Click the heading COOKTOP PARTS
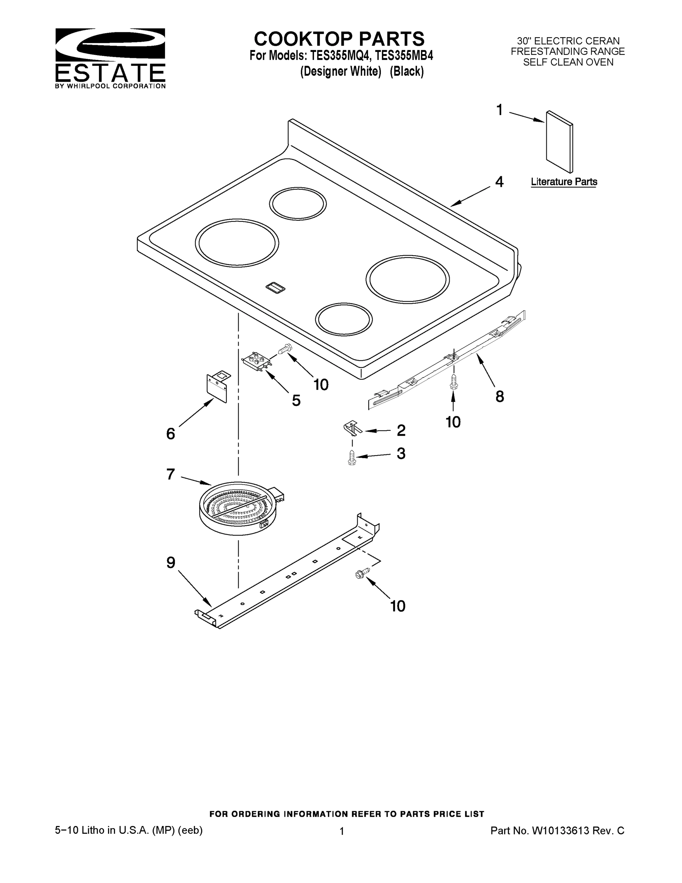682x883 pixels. click(339, 39)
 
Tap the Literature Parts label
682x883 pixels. click(564, 182)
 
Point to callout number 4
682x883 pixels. click(499, 182)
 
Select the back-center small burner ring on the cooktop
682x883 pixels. click(298, 203)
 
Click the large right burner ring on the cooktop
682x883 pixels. click(407, 279)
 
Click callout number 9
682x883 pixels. click(171, 563)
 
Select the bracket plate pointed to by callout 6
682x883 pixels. click(217, 387)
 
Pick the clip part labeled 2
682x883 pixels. click(352, 429)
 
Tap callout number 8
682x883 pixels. click(500, 397)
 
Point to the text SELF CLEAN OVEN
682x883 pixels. click(568, 62)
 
